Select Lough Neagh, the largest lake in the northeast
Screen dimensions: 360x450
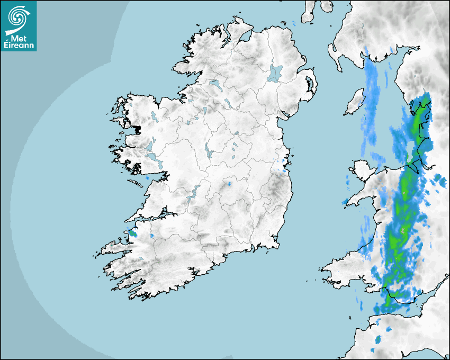pyautogui.click(x=275, y=73)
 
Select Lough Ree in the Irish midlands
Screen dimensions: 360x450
pyautogui.click(x=208, y=151)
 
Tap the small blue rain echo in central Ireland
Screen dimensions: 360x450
pyautogui.click(x=230, y=184)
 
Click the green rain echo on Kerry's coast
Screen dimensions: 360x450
pyautogui.click(x=132, y=232)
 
